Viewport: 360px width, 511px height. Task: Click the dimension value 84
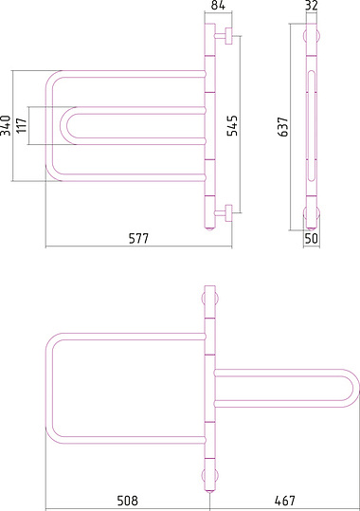(218, 6)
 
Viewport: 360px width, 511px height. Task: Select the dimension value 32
(312, 6)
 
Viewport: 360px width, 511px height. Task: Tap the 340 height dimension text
(6, 125)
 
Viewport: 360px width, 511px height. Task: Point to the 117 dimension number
(22, 125)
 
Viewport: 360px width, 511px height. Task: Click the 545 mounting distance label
(233, 125)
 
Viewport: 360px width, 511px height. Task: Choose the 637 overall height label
(282, 127)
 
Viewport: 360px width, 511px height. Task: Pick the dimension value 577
(138, 238)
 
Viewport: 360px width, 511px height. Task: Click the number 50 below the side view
(311, 238)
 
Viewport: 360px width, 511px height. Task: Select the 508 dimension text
(127, 501)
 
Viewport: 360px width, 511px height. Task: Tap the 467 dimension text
(285, 501)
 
